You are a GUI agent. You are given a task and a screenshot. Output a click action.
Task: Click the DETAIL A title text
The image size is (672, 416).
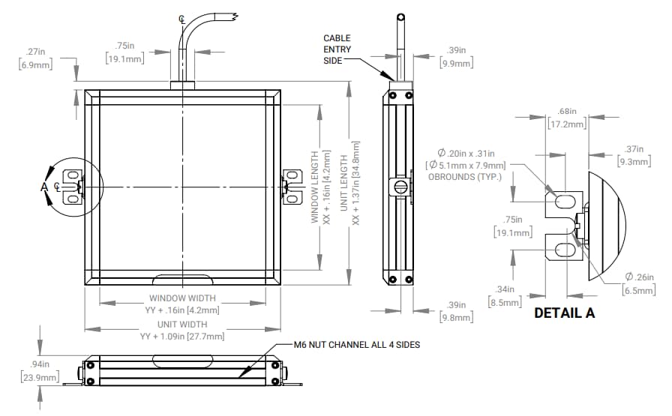[x=564, y=313]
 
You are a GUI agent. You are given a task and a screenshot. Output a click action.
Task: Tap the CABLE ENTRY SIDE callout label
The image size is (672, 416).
[x=337, y=49]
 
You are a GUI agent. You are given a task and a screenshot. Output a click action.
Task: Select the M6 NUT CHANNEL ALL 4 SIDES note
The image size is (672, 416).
[x=356, y=345]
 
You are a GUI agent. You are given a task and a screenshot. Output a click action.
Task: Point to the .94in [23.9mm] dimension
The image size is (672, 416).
[x=39, y=371]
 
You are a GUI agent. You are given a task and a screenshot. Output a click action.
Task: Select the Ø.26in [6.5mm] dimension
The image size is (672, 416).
[x=638, y=283]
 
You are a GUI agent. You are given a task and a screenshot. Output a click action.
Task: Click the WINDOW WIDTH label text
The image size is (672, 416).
[x=182, y=298]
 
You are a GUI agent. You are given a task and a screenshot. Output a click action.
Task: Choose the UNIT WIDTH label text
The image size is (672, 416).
[x=182, y=324]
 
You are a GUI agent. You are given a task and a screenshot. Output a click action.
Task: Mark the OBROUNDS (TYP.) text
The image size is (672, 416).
[x=464, y=176]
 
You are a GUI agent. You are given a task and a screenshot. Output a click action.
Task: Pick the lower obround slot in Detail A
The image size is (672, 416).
[x=562, y=244]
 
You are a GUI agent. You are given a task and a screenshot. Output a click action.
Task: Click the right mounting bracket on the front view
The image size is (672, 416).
[x=288, y=187]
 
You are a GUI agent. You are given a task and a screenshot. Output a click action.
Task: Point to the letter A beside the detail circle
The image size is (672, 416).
[x=44, y=187]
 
